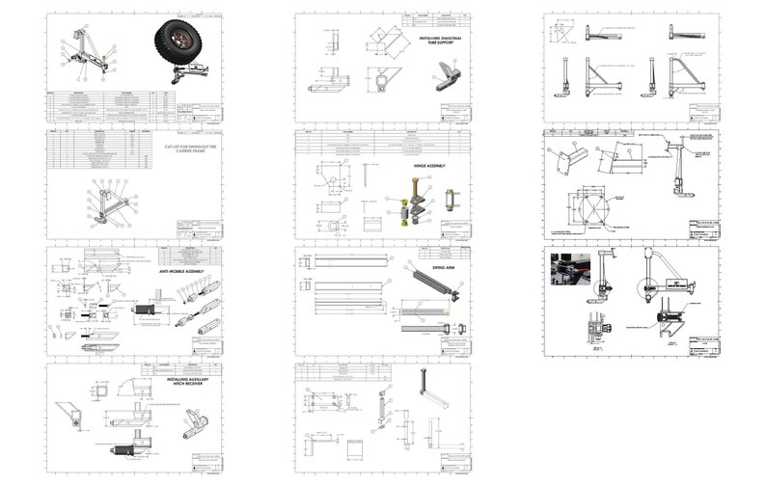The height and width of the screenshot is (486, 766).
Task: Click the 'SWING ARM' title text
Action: tap(445, 257)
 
